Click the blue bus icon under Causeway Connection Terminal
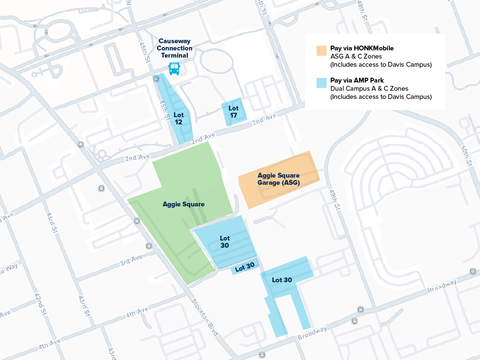click(x=174, y=69)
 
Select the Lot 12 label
click(x=179, y=119)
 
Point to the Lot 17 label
click(x=233, y=112)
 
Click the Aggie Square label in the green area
click(x=183, y=204)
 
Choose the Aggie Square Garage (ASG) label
click(x=278, y=179)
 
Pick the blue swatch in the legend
click(x=321, y=83)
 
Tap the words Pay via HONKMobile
click(x=359, y=48)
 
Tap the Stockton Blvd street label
click(x=205, y=317)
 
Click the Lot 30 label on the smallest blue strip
click(x=245, y=267)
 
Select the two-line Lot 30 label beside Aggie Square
click(x=225, y=241)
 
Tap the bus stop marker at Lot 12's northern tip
click(x=156, y=78)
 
